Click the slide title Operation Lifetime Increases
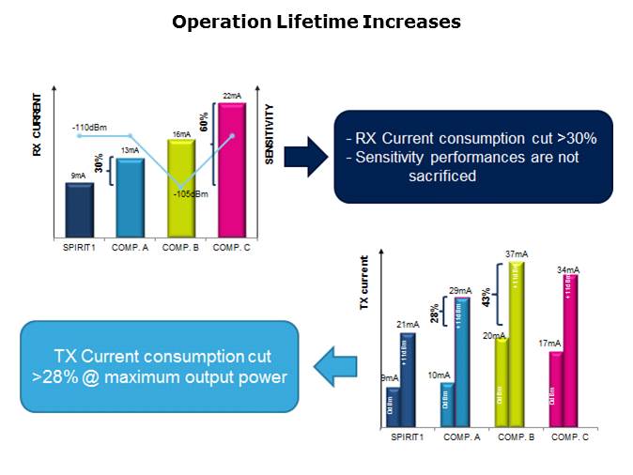316,21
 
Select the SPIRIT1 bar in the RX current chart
80,210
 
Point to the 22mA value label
232,96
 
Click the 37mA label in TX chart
515,253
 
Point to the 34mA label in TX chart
567,270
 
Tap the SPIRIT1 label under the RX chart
81,248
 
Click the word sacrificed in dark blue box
442,176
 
